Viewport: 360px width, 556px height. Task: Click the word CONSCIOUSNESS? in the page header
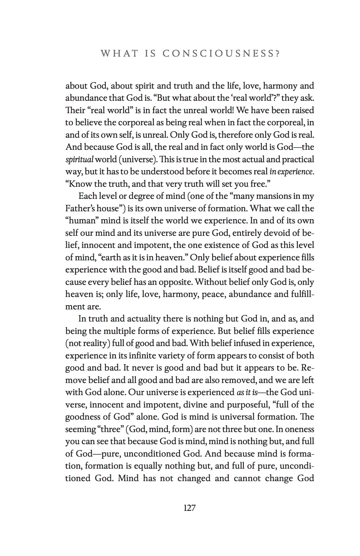point(222,54)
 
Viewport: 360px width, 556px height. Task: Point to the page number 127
point(189,508)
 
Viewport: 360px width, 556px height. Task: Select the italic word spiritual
point(79,160)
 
